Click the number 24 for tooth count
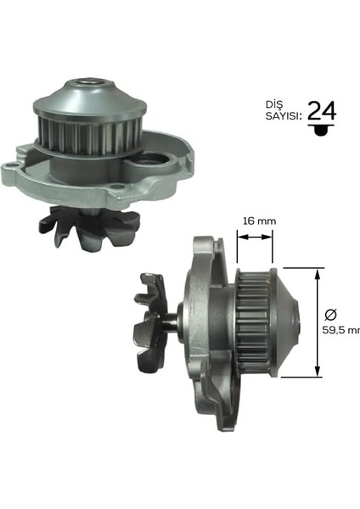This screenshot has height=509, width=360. tap(322, 110)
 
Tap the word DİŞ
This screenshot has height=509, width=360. tap(274, 104)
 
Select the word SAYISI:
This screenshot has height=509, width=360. tap(283, 116)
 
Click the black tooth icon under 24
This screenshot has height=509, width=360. tap(321, 129)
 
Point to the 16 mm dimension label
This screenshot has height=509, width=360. tap(260, 221)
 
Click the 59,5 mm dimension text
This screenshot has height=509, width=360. tap(340, 330)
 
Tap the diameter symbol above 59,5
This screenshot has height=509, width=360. tap(331, 314)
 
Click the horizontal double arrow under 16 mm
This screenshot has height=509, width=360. tap(255, 238)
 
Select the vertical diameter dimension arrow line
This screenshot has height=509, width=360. tap(318, 322)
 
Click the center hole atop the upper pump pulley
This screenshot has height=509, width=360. tap(90, 81)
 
